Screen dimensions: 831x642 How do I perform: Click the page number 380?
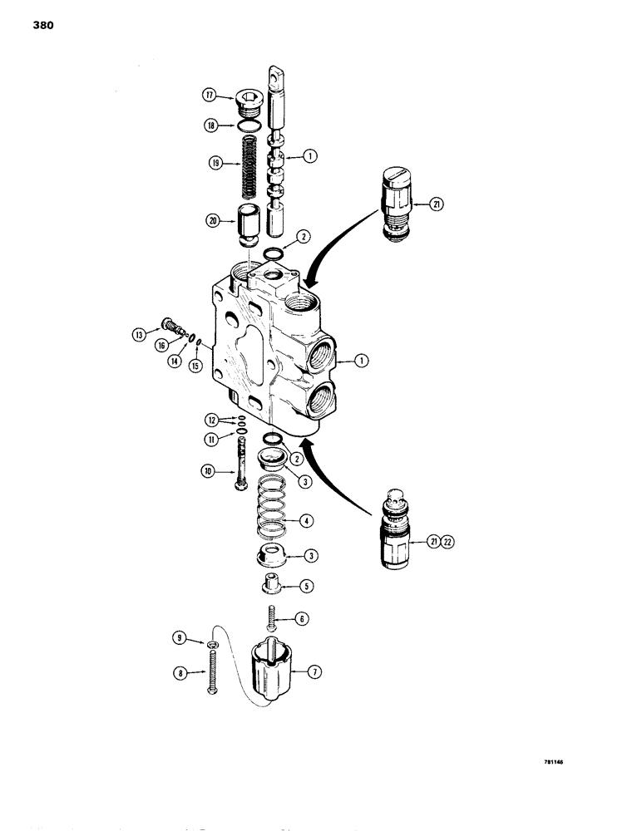[43, 26]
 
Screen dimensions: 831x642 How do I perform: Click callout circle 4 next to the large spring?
[305, 521]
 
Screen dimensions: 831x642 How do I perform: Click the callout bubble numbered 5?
[305, 586]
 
